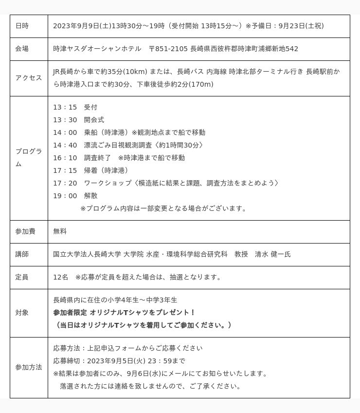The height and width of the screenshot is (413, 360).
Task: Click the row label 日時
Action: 22,26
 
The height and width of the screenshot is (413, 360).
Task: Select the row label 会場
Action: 22,49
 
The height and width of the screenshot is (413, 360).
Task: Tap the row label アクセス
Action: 29,78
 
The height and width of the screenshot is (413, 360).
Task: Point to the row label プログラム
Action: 29,157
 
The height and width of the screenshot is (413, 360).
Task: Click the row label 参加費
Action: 25,231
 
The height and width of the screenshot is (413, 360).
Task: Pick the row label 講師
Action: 22,254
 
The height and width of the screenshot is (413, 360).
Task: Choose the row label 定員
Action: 22,277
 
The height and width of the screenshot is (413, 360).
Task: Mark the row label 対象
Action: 22,313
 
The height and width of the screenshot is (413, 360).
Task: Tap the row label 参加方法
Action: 29,367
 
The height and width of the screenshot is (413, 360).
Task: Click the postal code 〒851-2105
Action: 168,49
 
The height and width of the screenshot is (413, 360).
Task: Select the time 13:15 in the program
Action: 65,107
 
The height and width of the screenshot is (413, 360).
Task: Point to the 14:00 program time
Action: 65,132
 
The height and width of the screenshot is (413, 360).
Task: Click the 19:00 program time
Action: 65,196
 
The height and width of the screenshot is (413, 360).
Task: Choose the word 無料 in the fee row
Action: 60,231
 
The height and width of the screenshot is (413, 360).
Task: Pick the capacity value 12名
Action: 61,277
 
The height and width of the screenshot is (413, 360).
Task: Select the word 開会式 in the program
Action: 94,120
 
